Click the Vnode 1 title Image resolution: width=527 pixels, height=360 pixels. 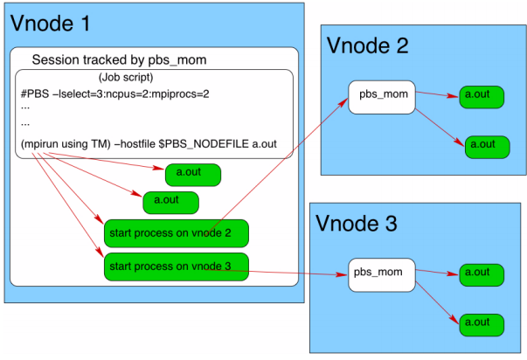coord(50,23)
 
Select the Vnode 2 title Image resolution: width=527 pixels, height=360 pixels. coord(367,46)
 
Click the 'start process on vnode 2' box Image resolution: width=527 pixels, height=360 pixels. coord(177,233)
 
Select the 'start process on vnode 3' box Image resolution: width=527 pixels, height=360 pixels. coord(177,266)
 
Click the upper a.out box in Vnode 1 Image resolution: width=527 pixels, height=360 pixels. coord(192,174)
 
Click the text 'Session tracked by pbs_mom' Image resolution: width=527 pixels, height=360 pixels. coord(120,59)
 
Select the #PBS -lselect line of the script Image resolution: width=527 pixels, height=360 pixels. coord(114,93)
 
